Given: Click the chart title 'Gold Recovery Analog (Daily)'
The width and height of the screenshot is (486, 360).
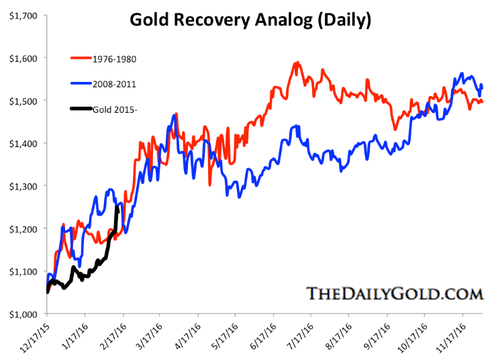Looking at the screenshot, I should (x=250, y=21).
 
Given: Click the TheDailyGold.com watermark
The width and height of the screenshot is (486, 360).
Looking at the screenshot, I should (x=395, y=294).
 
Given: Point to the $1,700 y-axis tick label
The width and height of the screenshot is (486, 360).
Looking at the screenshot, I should (x=22, y=15).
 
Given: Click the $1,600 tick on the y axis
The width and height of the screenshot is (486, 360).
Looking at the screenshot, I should (x=22, y=58).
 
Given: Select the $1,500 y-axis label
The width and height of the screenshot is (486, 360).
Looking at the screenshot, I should (x=22, y=101).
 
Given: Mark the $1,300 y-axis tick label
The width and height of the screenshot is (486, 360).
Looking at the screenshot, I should (x=22, y=186).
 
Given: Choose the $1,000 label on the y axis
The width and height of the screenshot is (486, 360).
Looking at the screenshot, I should (x=22, y=314).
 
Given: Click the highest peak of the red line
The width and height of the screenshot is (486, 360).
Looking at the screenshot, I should (x=296, y=62).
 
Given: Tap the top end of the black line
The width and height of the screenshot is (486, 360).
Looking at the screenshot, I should (x=118, y=208).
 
